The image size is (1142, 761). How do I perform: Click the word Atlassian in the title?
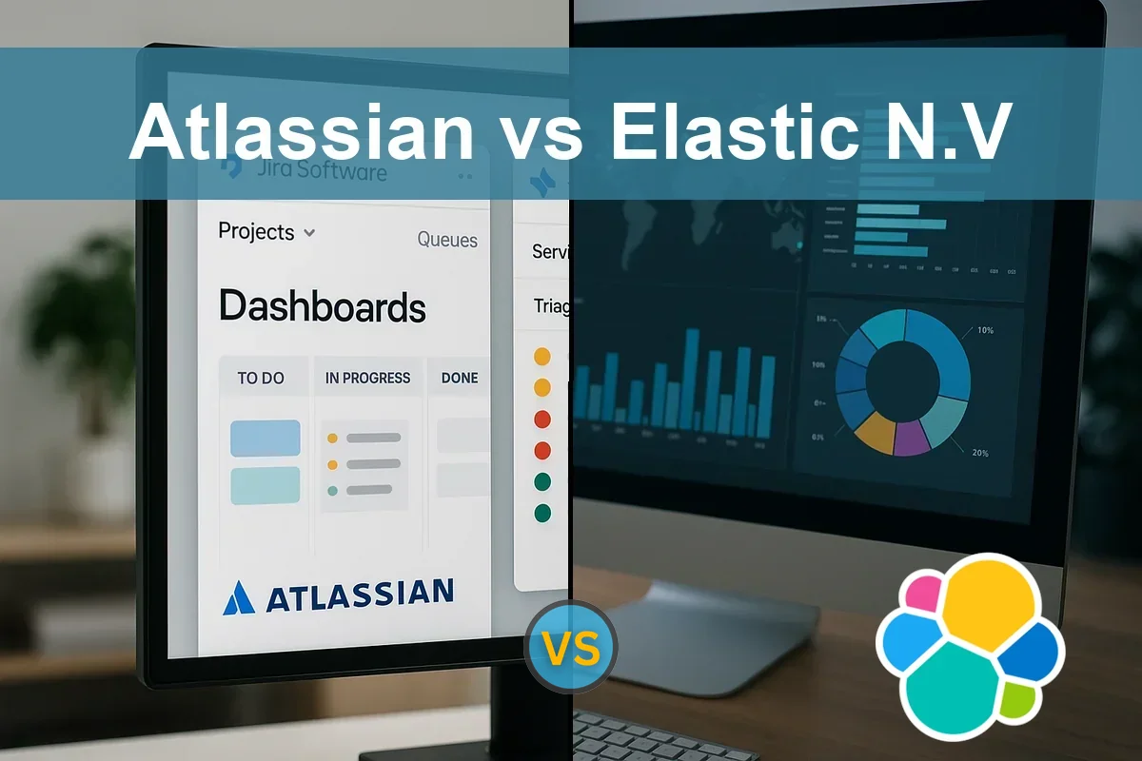(x=301, y=132)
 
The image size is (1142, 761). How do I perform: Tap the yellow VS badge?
(x=573, y=648)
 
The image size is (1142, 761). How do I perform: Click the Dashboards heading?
(x=322, y=307)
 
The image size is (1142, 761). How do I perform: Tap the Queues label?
(x=447, y=240)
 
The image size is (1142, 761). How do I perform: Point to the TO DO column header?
(x=261, y=378)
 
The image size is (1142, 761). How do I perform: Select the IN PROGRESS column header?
(x=367, y=378)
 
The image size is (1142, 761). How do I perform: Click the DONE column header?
(x=459, y=378)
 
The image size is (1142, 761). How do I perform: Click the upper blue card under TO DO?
(x=266, y=439)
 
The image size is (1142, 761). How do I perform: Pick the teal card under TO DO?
(x=266, y=485)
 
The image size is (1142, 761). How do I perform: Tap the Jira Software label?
(x=322, y=171)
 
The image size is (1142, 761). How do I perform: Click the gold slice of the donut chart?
(x=875, y=433)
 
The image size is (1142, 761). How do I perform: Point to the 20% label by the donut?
(x=980, y=453)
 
